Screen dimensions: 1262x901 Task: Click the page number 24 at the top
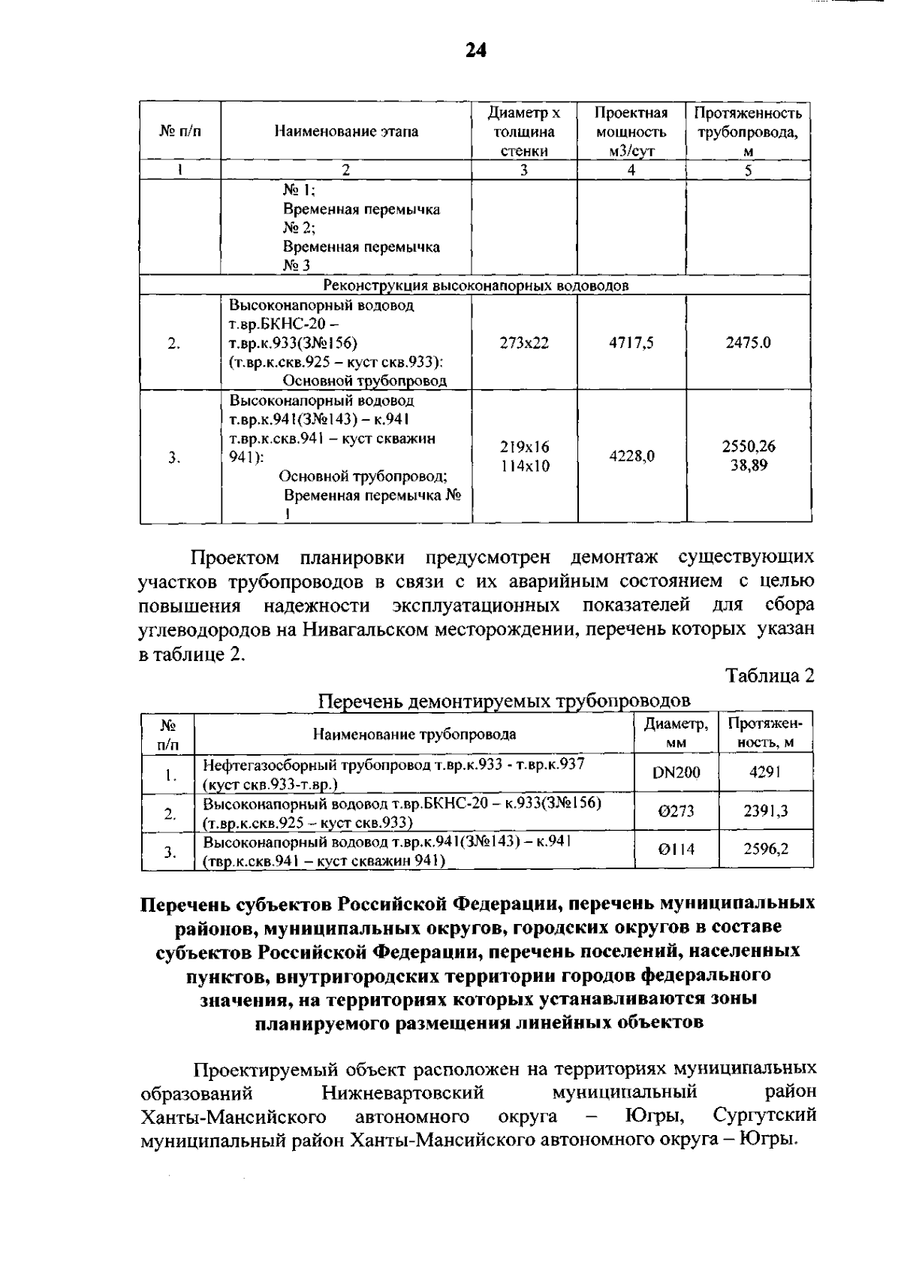click(x=475, y=50)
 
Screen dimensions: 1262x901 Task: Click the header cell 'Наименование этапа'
click(x=346, y=131)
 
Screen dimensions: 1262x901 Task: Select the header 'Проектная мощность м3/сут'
click(x=631, y=131)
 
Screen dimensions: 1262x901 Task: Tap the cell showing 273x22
click(x=523, y=343)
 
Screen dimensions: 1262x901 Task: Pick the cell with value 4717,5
click(x=631, y=343)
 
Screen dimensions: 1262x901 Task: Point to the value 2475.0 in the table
click(x=748, y=343)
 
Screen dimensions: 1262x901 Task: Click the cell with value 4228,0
click(x=631, y=456)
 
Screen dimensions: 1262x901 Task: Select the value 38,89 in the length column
click(x=749, y=466)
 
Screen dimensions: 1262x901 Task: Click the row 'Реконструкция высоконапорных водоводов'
click(x=475, y=285)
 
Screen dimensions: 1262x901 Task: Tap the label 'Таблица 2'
click(x=770, y=675)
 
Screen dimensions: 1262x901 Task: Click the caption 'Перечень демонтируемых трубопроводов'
click(x=504, y=701)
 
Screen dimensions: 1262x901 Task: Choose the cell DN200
click(x=676, y=772)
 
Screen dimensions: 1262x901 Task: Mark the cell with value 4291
click(x=765, y=772)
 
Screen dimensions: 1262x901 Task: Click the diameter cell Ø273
click(x=676, y=811)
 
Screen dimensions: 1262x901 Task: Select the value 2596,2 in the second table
click(x=766, y=850)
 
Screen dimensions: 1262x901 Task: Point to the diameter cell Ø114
click(x=676, y=850)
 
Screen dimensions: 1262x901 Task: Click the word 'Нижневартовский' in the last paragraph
click(x=402, y=1091)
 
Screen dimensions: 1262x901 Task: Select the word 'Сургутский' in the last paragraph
click(x=764, y=1116)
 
